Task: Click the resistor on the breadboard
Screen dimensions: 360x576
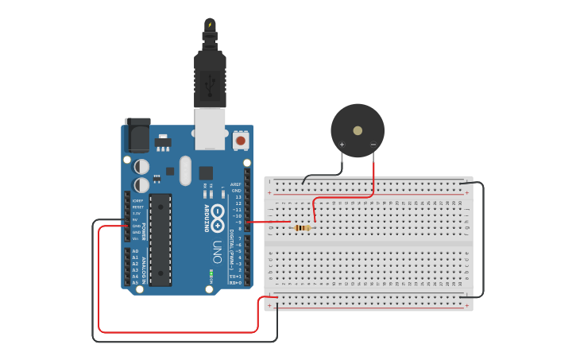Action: click(302, 228)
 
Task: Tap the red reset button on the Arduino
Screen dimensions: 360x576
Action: click(240, 141)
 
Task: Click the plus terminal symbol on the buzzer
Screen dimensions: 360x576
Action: click(342, 145)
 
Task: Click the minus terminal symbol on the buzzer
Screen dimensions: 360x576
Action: click(373, 145)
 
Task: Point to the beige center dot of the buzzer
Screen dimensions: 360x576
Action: click(358, 130)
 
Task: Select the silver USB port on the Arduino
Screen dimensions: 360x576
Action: click(210, 129)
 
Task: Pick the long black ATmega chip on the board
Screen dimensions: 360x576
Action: click(160, 239)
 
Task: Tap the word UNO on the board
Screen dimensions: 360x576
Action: click(217, 253)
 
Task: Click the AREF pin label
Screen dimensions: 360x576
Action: click(236, 184)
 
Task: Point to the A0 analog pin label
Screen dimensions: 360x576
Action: click(135, 251)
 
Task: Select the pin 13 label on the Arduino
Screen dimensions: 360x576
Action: click(238, 197)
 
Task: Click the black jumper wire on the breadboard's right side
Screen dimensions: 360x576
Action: click(482, 238)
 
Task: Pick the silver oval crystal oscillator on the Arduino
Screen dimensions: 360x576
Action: click(185, 170)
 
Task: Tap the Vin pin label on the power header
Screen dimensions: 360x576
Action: click(135, 238)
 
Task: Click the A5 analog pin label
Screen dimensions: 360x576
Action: click(135, 282)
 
